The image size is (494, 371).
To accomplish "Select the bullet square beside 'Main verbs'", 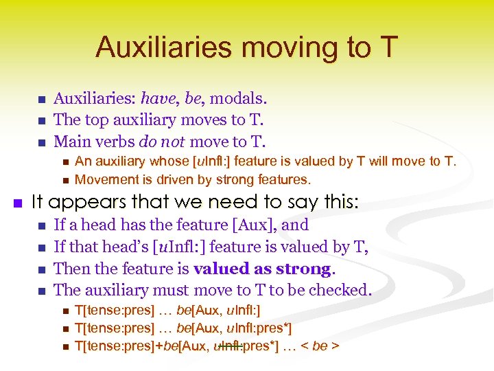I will pos(40,142).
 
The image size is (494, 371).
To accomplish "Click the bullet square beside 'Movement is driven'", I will pos(63,181).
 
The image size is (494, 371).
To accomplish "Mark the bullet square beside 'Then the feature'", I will pos(40,269).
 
